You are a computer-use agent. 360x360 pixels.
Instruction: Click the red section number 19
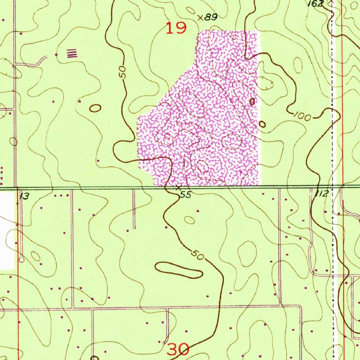tap(176, 28)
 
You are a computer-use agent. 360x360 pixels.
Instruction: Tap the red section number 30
tap(178, 349)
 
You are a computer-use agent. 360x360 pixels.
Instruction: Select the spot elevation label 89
tap(211, 17)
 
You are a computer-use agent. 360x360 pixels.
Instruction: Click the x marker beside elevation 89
tap(200, 17)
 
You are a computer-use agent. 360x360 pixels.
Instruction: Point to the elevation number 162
tap(315, 3)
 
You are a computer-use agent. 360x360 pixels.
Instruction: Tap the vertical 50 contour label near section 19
tap(123, 72)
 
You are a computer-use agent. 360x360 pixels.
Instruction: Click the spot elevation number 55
tap(186, 195)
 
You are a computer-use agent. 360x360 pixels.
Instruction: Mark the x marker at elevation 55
tap(178, 188)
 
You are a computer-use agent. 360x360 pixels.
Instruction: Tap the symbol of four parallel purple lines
tap(72, 53)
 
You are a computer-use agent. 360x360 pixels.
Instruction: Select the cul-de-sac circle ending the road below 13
tap(21, 260)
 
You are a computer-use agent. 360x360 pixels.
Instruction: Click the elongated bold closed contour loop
tap(179, 270)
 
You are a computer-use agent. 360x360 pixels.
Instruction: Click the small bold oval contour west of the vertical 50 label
tap(95, 108)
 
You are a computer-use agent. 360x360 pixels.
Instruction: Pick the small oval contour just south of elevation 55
tap(189, 220)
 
